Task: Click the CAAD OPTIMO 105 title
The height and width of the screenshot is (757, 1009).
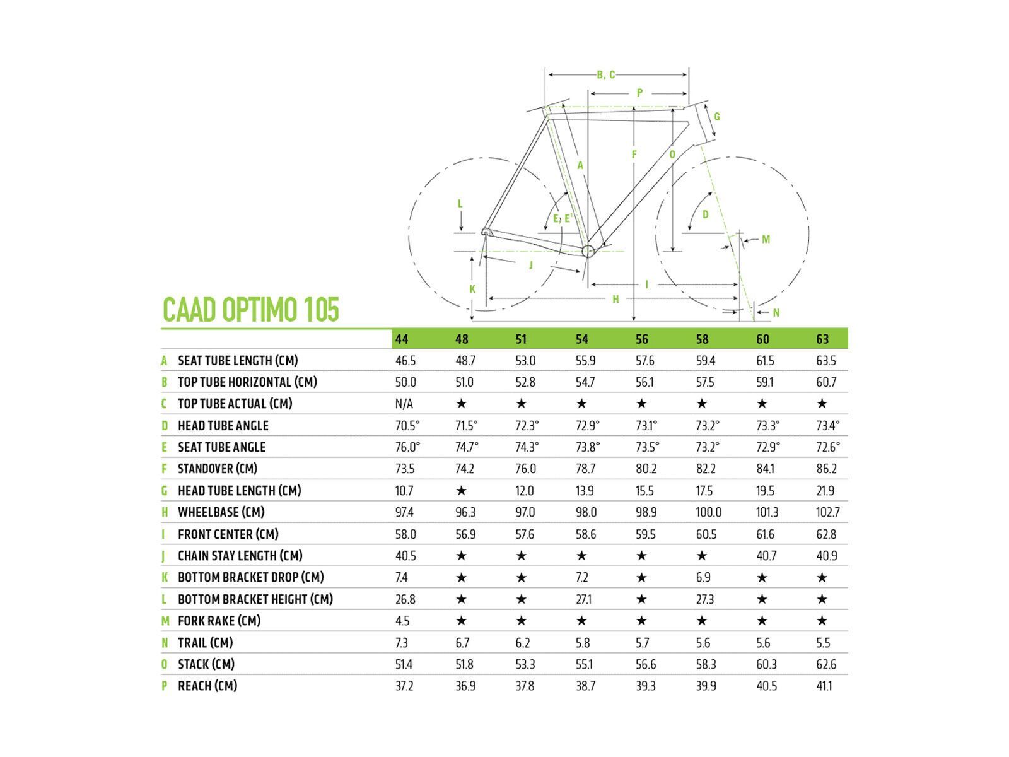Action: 251,309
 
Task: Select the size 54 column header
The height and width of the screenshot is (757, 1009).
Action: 581,339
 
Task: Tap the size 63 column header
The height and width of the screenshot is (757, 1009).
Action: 822,339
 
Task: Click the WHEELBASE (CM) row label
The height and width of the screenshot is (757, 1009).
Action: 221,512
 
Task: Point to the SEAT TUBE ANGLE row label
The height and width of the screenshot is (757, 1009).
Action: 221,447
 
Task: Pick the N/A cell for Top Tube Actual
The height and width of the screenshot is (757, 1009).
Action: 404,404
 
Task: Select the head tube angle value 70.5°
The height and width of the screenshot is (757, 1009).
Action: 407,426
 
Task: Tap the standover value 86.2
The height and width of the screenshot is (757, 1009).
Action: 826,469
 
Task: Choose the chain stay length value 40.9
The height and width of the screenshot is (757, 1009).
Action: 826,556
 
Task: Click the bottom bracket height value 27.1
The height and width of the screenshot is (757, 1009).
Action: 583,599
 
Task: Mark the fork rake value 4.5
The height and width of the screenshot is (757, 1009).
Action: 402,621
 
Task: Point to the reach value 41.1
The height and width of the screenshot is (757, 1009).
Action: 824,686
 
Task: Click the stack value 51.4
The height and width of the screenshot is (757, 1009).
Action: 404,664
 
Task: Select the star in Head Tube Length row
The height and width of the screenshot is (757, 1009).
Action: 462,491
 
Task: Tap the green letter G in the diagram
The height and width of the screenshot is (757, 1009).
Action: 717,117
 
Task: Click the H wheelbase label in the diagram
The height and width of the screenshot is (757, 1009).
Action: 615,299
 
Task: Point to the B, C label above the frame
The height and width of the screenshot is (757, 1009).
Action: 606,75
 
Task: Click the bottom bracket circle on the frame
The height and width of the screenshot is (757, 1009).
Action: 588,251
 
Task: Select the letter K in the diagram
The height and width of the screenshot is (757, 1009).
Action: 472,290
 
